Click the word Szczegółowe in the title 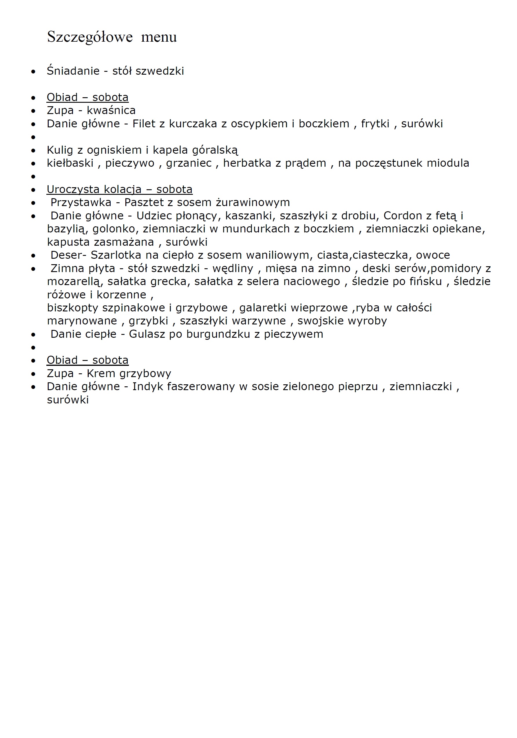89,37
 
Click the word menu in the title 159,37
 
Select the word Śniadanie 73,71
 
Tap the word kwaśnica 111,111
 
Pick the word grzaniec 189,163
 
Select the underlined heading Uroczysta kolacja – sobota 119,189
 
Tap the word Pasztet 144,203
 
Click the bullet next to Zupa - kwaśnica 33,111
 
